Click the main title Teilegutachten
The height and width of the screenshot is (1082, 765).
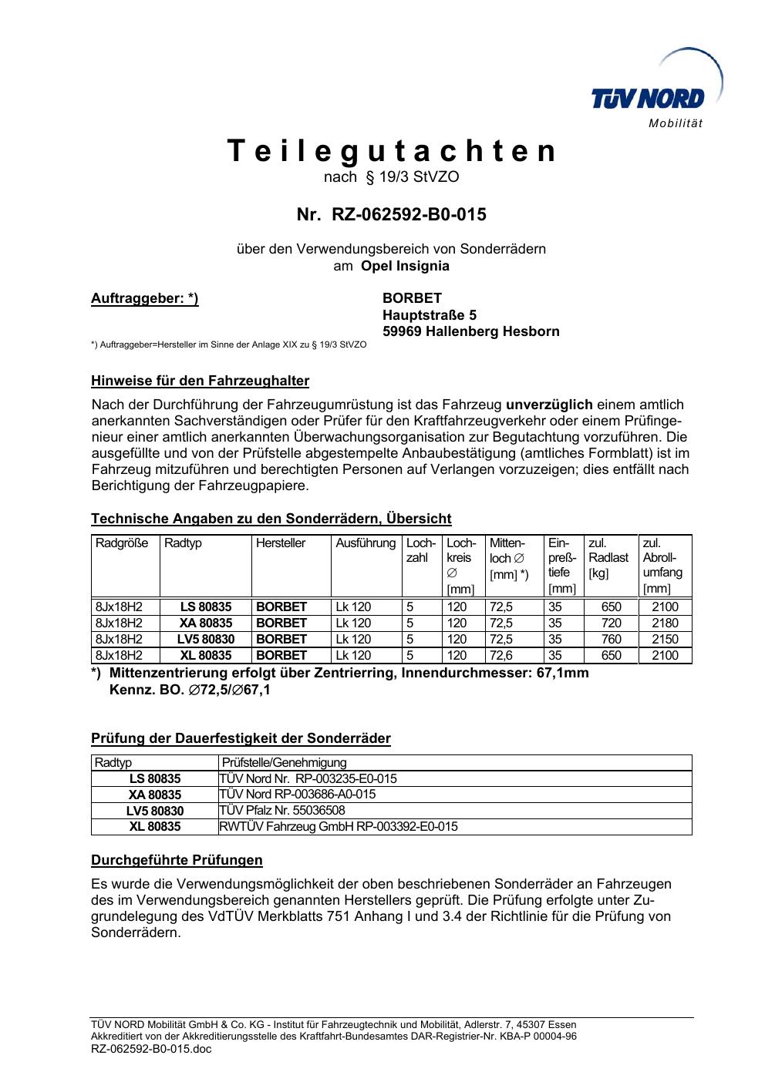point(392,151)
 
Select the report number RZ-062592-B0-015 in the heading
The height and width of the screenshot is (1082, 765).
point(409,214)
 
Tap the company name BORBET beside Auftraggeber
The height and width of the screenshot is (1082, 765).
point(412,298)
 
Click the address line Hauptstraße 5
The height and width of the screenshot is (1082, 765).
point(430,315)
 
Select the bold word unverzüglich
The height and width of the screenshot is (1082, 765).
point(549,405)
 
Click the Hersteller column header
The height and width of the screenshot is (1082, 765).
point(281,543)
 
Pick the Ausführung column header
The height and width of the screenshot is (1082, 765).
point(366,543)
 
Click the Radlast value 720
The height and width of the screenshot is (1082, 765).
point(611,623)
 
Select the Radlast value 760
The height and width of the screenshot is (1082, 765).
point(611,639)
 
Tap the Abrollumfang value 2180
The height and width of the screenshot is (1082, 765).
point(665,623)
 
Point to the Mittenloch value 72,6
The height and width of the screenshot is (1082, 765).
point(501,655)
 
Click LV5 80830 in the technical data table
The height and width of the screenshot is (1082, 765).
point(206,639)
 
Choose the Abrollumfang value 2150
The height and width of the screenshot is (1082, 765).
point(665,639)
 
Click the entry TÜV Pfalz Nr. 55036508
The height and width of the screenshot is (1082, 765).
point(282,810)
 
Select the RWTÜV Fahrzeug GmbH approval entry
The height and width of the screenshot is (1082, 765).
point(339,826)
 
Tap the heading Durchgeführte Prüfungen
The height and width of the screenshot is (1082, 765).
point(177,859)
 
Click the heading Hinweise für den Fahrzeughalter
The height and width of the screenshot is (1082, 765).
point(200,381)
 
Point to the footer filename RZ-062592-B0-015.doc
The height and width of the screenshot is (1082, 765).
point(151,1049)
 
